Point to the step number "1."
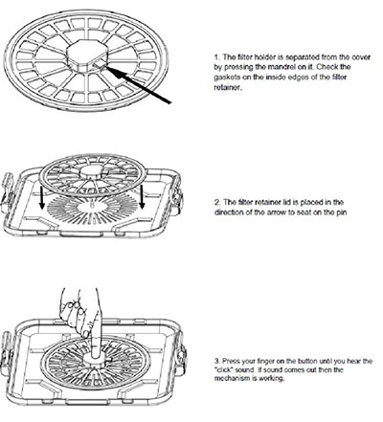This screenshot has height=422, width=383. [x=217, y=57]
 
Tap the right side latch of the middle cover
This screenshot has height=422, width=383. [x=177, y=195]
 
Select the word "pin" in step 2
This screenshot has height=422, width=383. [x=341, y=212]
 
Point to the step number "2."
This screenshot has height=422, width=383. [x=217, y=202]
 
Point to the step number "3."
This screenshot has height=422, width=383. [x=217, y=361]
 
